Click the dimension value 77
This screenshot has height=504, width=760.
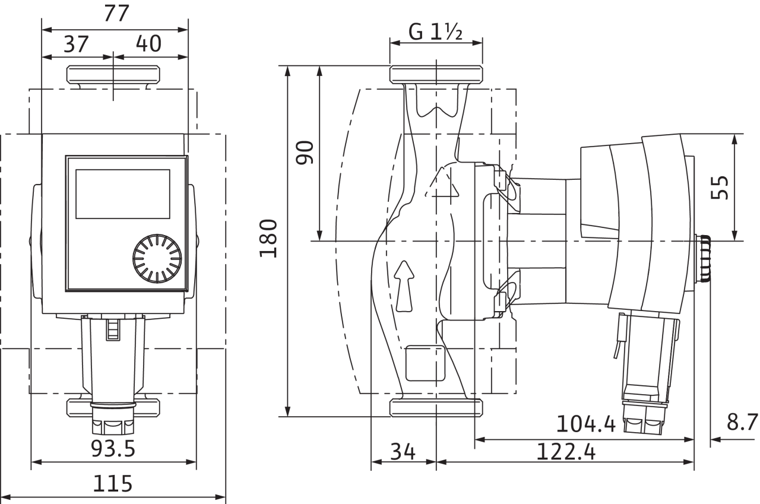click(115, 14)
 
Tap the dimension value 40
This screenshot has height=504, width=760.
click(148, 44)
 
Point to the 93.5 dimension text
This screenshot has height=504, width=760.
click(113, 449)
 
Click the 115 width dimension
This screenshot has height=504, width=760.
click(113, 484)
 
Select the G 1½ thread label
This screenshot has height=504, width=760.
click(435, 33)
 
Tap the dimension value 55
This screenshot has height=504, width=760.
click(720, 186)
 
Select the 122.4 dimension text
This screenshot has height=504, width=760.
click(566, 452)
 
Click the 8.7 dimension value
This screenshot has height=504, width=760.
click(742, 423)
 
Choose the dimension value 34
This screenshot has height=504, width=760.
click(403, 452)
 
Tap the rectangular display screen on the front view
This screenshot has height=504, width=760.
click(122, 194)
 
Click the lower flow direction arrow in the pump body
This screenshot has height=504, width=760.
click(404, 285)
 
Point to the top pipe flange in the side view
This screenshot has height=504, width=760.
click(435, 75)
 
